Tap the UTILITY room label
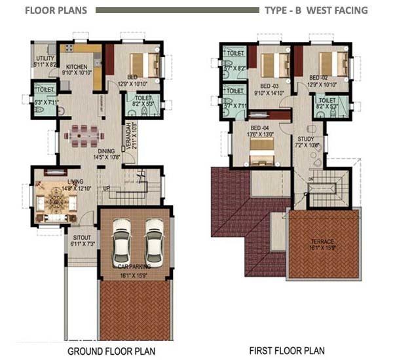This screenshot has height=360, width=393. (45, 59)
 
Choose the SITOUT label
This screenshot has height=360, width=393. (82, 239)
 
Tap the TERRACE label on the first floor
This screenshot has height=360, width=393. (322, 242)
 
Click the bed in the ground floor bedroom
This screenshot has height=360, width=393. (144, 64)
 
